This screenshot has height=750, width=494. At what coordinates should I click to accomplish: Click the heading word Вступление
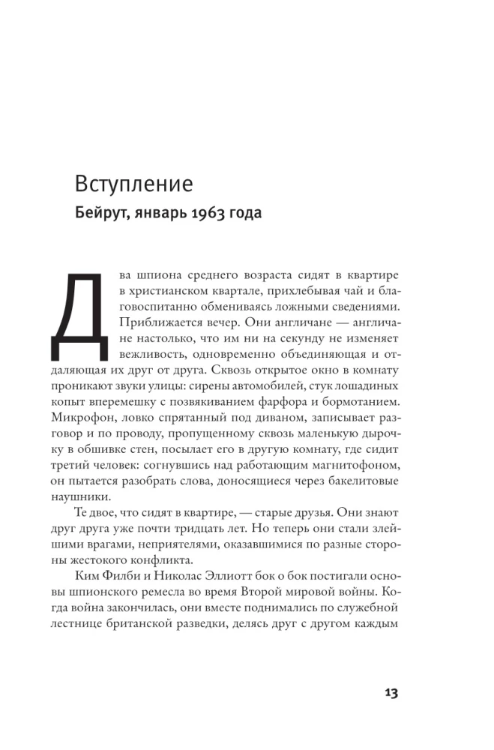click(133, 184)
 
